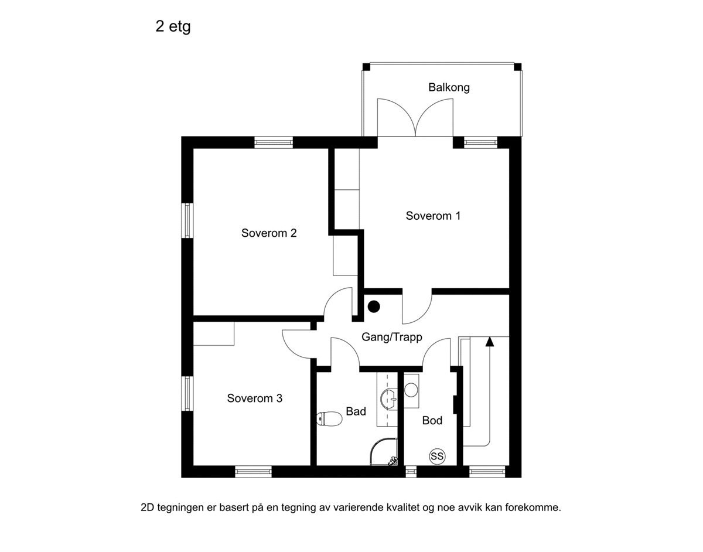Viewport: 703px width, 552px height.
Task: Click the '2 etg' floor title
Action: (x=173, y=27)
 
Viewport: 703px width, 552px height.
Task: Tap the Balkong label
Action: (x=449, y=88)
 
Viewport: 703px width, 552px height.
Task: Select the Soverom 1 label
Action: (x=433, y=216)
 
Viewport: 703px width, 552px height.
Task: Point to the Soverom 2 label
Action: (x=269, y=233)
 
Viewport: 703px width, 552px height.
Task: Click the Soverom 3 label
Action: (x=255, y=398)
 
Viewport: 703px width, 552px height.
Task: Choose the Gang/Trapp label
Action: (x=391, y=338)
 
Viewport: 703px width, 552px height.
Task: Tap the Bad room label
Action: (x=356, y=411)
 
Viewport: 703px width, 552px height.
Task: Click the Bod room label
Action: (x=432, y=421)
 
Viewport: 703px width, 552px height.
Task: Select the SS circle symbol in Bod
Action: (x=436, y=456)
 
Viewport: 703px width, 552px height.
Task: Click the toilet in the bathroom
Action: (x=329, y=418)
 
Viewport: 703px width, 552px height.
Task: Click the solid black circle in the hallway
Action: (x=373, y=306)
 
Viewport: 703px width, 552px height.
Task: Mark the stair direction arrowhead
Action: (x=490, y=341)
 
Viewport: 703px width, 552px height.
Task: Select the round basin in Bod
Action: (x=411, y=389)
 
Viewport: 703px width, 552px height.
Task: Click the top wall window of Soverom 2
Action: (x=274, y=142)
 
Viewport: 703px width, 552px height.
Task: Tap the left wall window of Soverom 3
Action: (x=187, y=394)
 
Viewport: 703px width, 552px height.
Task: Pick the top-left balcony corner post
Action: (x=366, y=67)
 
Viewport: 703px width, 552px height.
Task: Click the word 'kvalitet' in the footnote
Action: (x=401, y=507)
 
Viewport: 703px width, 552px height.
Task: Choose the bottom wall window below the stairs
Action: (x=487, y=471)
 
